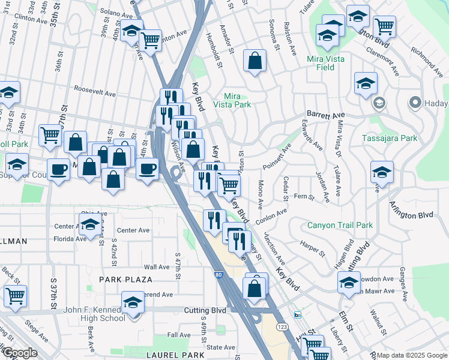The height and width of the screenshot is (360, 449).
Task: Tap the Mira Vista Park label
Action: [x=236, y=100]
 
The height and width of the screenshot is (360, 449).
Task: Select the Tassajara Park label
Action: [x=390, y=138]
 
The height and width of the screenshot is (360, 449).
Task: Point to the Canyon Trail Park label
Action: [x=340, y=226]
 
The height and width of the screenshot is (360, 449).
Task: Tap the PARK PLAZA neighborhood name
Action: [x=126, y=280]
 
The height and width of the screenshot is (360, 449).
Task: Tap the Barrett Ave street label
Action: [x=326, y=113]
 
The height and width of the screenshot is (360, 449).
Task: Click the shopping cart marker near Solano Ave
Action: [x=150, y=41]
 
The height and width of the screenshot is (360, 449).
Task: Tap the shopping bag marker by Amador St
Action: [x=255, y=61]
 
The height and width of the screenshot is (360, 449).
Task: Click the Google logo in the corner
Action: [x=19, y=353]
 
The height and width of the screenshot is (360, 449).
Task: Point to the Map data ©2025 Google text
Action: [x=412, y=356]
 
